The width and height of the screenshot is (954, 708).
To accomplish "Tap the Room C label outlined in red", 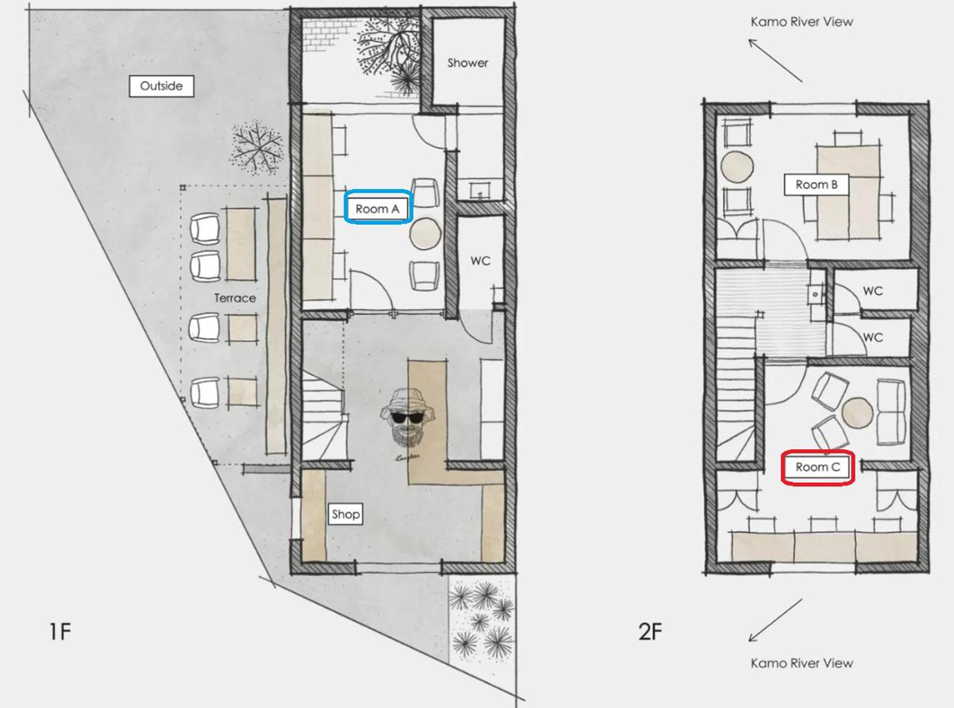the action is (x=818, y=467).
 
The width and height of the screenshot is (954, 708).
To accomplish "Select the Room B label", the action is (x=816, y=185).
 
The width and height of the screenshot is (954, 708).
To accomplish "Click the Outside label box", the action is (x=161, y=86).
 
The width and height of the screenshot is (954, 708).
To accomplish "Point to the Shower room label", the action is (x=467, y=63).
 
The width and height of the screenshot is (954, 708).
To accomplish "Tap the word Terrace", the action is (x=235, y=298).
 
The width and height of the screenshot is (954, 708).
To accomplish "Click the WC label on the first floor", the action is (x=480, y=261).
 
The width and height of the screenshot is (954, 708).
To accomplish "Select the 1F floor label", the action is (x=61, y=632).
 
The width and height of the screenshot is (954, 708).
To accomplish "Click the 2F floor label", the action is (x=650, y=632).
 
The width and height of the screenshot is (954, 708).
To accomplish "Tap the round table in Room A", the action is (x=425, y=234).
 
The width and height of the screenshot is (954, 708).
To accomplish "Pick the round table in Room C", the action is (x=857, y=413).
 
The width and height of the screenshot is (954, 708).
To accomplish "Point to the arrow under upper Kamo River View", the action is (x=775, y=61).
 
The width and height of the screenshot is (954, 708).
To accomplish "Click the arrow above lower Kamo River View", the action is (x=775, y=620).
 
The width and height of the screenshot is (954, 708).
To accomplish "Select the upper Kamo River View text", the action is (x=802, y=22).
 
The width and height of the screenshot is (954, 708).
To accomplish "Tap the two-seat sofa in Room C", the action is (x=891, y=412).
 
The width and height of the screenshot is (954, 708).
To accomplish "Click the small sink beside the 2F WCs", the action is (x=815, y=295).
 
